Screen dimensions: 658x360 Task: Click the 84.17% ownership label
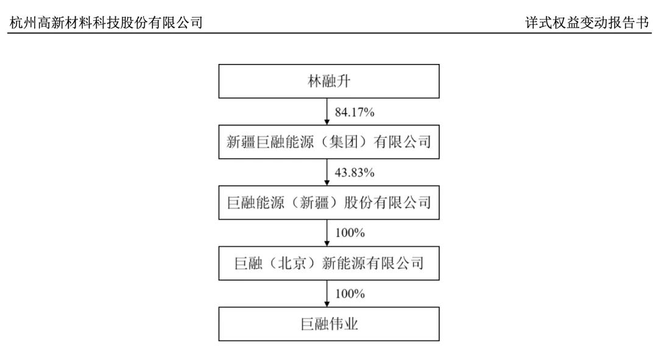coord(355,112)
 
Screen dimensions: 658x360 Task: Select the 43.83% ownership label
coord(355,172)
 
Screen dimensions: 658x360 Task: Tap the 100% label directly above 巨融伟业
coord(350,294)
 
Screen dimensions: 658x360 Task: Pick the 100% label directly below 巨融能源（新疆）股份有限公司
coord(350,233)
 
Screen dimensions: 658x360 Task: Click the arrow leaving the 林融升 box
coord(327,111)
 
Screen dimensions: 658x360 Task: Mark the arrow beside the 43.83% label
coord(327,172)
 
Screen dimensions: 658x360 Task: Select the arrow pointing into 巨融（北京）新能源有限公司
coord(327,233)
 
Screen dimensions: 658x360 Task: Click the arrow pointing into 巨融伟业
coord(327,293)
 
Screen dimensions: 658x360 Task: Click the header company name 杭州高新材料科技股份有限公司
coord(106,23)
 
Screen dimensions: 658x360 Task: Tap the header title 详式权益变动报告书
coord(587,23)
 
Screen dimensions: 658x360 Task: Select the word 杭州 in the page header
coord(23,23)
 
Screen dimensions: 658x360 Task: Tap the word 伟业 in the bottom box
coord(343,324)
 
